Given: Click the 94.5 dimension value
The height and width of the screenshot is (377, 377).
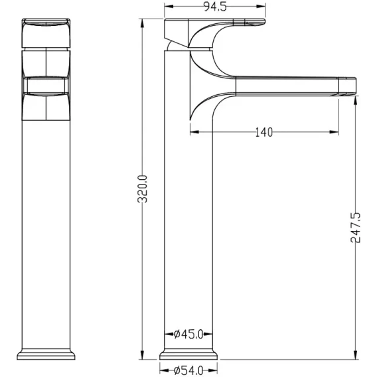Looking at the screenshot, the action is pyautogui.click(x=215, y=7).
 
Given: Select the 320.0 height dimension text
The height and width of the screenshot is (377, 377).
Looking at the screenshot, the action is pyautogui.click(x=142, y=189).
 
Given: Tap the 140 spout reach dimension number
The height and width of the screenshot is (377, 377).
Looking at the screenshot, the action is pyautogui.click(x=264, y=132).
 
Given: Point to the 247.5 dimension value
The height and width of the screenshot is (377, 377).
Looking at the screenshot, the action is pyautogui.click(x=356, y=228).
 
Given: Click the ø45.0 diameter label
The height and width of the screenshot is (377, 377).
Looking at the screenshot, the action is pyautogui.click(x=188, y=334).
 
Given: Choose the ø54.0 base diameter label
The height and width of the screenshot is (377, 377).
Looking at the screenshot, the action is pyautogui.click(x=188, y=370).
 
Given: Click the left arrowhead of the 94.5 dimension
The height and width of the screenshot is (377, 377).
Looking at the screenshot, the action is pyautogui.click(x=169, y=7).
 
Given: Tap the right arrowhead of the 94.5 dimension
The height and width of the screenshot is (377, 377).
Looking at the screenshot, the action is pyautogui.click(x=261, y=7).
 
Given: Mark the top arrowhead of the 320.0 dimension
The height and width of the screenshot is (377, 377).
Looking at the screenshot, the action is pyautogui.click(x=142, y=23).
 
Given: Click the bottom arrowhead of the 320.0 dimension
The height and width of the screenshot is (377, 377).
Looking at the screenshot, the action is pyautogui.click(x=142, y=355).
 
